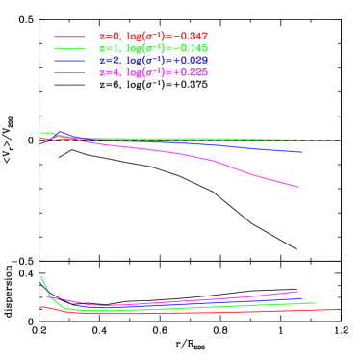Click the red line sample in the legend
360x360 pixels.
pyautogui.click(x=70, y=36)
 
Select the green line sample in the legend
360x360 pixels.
pyautogui.click(x=70, y=48)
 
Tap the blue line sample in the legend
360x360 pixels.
pyautogui.click(x=70, y=61)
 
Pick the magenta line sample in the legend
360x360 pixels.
pyautogui.click(x=70, y=73)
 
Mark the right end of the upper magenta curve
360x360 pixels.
pyautogui.click(x=299, y=187)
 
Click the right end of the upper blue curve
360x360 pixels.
pyautogui.click(x=302, y=152)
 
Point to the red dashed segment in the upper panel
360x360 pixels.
pyautogui.click(x=323, y=141)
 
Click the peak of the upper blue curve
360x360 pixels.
pyautogui.click(x=60, y=133)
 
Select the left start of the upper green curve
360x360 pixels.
pyautogui.click(x=41, y=133)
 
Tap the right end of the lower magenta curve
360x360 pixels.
pyautogui.click(x=298, y=291)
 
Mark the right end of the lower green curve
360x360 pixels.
pyautogui.click(x=316, y=303)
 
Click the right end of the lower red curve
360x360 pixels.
pyautogui.click(x=340, y=309)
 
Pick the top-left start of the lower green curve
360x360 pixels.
pyautogui.click(x=41, y=276)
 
